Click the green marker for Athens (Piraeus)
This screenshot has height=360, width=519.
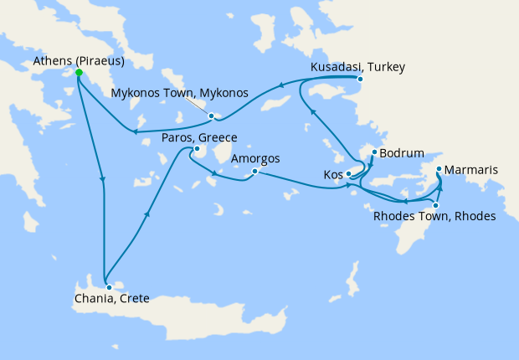tap(79, 73)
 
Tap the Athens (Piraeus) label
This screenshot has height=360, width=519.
tap(80, 60)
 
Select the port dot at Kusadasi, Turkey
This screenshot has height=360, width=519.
tap(360, 80)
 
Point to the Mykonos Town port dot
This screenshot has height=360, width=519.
tap(212, 116)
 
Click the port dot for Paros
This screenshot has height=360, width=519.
tap(195, 151)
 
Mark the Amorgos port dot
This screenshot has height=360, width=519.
tap(254, 172)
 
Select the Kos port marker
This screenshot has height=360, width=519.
tap(348, 174)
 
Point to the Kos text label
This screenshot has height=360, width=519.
tap(332, 175)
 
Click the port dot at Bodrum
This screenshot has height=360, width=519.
tap(373, 153)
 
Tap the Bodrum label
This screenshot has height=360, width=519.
tap(402, 154)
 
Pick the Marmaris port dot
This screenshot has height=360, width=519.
tap(439, 170)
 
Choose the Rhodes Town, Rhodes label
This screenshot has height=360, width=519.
tap(434, 217)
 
